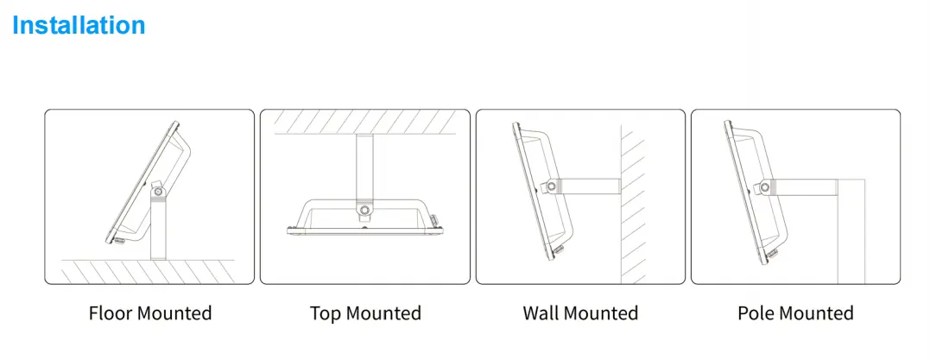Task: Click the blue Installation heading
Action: [x=79, y=26]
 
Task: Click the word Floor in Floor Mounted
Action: [x=111, y=313]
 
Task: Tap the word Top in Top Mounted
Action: [x=326, y=313]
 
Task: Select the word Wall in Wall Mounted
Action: [x=542, y=313]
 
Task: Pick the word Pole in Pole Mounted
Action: [x=756, y=313]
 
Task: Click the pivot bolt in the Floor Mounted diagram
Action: [x=158, y=192]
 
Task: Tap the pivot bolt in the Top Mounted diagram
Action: [x=364, y=210]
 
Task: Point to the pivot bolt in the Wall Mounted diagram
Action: [x=552, y=186]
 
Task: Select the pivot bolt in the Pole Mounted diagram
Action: [x=765, y=188]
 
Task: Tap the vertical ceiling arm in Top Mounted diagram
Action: [x=364, y=169]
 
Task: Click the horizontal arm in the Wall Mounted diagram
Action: [x=590, y=186]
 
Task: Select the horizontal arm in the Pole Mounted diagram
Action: [x=804, y=187]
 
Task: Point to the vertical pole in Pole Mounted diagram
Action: [x=851, y=231]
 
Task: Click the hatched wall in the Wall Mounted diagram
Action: [x=633, y=204]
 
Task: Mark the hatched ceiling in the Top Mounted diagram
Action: [x=364, y=122]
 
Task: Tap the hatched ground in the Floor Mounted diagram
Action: [x=149, y=271]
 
